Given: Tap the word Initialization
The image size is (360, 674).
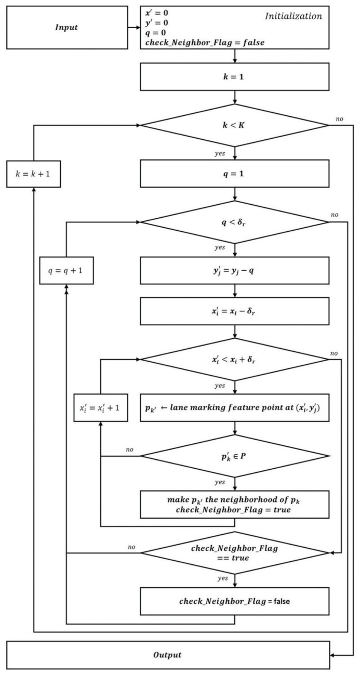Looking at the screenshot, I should click(x=294, y=16).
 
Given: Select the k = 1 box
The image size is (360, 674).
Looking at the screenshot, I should click(x=235, y=76).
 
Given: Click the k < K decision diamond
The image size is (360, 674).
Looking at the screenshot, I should click(x=235, y=125).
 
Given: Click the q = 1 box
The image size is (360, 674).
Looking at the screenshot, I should click(x=235, y=174).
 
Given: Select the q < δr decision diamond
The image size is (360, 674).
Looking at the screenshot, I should click(x=235, y=222).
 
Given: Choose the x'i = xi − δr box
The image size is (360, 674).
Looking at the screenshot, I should click(x=235, y=311).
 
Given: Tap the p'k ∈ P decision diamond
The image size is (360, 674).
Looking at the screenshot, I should click(x=235, y=456).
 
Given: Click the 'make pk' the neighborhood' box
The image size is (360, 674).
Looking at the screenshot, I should click(x=235, y=504).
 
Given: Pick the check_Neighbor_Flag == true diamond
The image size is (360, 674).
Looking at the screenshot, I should click(x=235, y=553).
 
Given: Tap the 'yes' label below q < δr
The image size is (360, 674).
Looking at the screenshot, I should click(x=220, y=247).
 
